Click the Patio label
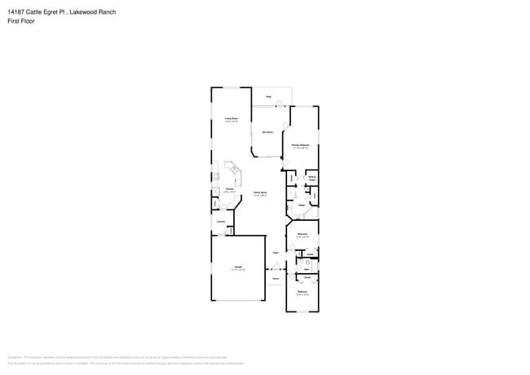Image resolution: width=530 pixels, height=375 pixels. coord(267,96)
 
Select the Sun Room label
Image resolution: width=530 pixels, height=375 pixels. coord(267,132)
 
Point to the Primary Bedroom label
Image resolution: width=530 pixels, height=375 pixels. coord(301,146)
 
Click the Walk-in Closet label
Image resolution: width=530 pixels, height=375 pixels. coord(311,179)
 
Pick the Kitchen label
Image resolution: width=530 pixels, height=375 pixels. coord(229,189)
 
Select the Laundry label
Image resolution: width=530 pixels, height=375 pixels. coord(220,222)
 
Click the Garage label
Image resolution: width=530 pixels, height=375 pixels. coord(239,268)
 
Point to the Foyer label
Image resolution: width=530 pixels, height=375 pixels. coord(276,253)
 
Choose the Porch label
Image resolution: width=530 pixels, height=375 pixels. coord(276,279)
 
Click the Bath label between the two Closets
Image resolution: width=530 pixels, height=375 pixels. coord(307,268)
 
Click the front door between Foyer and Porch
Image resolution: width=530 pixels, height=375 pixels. coord(276,267)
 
